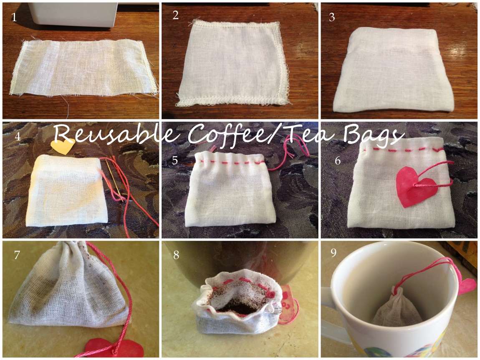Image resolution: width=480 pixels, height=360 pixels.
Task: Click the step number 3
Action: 332,18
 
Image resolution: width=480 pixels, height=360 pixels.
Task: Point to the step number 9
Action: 333,253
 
